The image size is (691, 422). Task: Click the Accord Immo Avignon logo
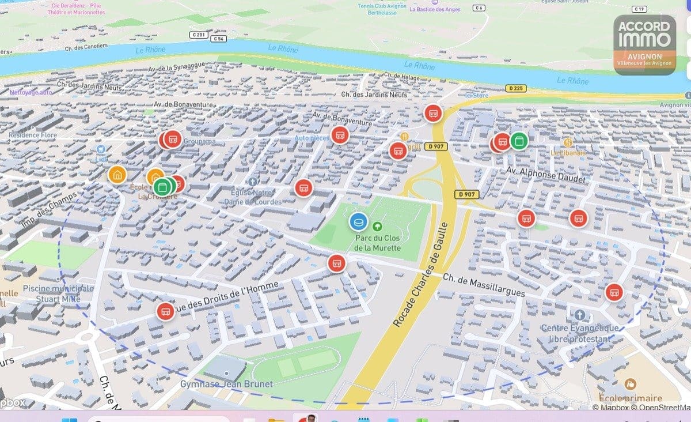tap(644, 44)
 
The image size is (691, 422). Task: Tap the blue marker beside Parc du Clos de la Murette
tap(358, 221)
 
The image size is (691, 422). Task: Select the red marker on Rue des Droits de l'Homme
tap(165, 311)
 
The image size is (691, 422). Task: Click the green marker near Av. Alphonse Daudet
tap(519, 140)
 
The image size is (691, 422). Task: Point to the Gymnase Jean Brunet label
tap(226, 384)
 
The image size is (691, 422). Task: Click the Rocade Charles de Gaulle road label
tap(420, 275)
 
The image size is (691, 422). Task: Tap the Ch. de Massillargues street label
tap(484, 285)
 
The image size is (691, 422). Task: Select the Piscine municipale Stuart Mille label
tap(58, 293)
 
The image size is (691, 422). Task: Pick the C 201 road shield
tap(198, 35)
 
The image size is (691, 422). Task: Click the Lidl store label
tap(102, 159)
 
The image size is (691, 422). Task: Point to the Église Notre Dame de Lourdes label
tap(256, 197)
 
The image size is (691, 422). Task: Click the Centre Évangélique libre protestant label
tap(580, 333)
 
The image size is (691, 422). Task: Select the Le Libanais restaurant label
tap(568, 153)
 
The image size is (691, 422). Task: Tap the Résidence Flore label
tap(33, 135)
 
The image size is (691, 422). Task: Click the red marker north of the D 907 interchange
tap(433, 113)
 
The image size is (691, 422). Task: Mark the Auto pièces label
tap(312, 138)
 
